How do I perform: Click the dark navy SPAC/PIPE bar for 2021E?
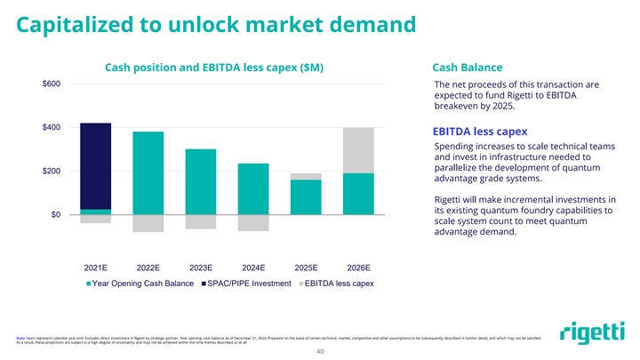95,165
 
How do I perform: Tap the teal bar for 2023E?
201,181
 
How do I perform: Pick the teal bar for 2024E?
253,188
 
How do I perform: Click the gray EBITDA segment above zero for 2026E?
358,150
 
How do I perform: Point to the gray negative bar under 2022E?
148,223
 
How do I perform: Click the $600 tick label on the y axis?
52,84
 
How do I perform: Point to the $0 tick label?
55,214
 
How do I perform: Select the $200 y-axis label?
52,171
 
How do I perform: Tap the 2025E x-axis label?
306,267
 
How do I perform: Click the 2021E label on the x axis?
95,267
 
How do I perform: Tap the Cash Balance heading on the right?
468,68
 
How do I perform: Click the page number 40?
320,350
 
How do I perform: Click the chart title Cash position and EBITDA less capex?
213,68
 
